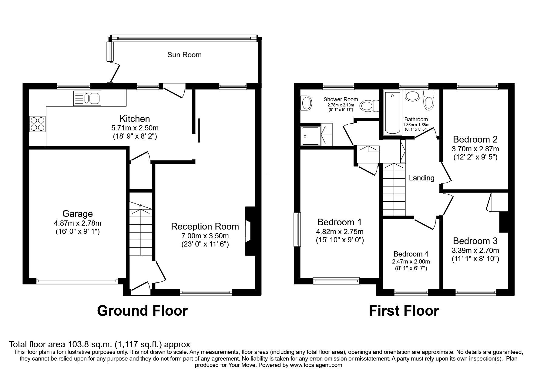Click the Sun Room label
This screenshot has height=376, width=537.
(x=184, y=55)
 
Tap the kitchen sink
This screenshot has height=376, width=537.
(x=87, y=98)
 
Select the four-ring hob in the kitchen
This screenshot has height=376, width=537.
(x=37, y=124)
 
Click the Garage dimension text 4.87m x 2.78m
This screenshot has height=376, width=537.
(x=78, y=223)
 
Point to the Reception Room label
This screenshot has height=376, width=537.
(x=205, y=227)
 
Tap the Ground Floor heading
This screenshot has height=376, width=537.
(x=142, y=311)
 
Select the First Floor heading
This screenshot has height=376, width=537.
(x=404, y=311)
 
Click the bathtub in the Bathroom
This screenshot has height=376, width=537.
(x=393, y=114)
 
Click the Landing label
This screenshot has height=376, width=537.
(x=421, y=178)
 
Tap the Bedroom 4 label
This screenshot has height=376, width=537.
(x=411, y=254)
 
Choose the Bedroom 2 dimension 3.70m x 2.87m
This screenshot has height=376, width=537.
(x=475, y=149)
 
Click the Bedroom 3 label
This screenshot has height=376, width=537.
(x=475, y=241)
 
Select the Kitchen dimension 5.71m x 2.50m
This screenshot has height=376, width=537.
(x=135, y=128)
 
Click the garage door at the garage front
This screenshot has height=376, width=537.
(x=77, y=282)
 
